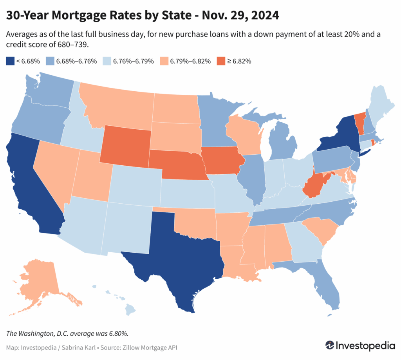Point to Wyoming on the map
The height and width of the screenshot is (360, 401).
125,145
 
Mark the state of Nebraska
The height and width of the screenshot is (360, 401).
176,165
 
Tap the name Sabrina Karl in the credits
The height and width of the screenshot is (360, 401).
78,347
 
